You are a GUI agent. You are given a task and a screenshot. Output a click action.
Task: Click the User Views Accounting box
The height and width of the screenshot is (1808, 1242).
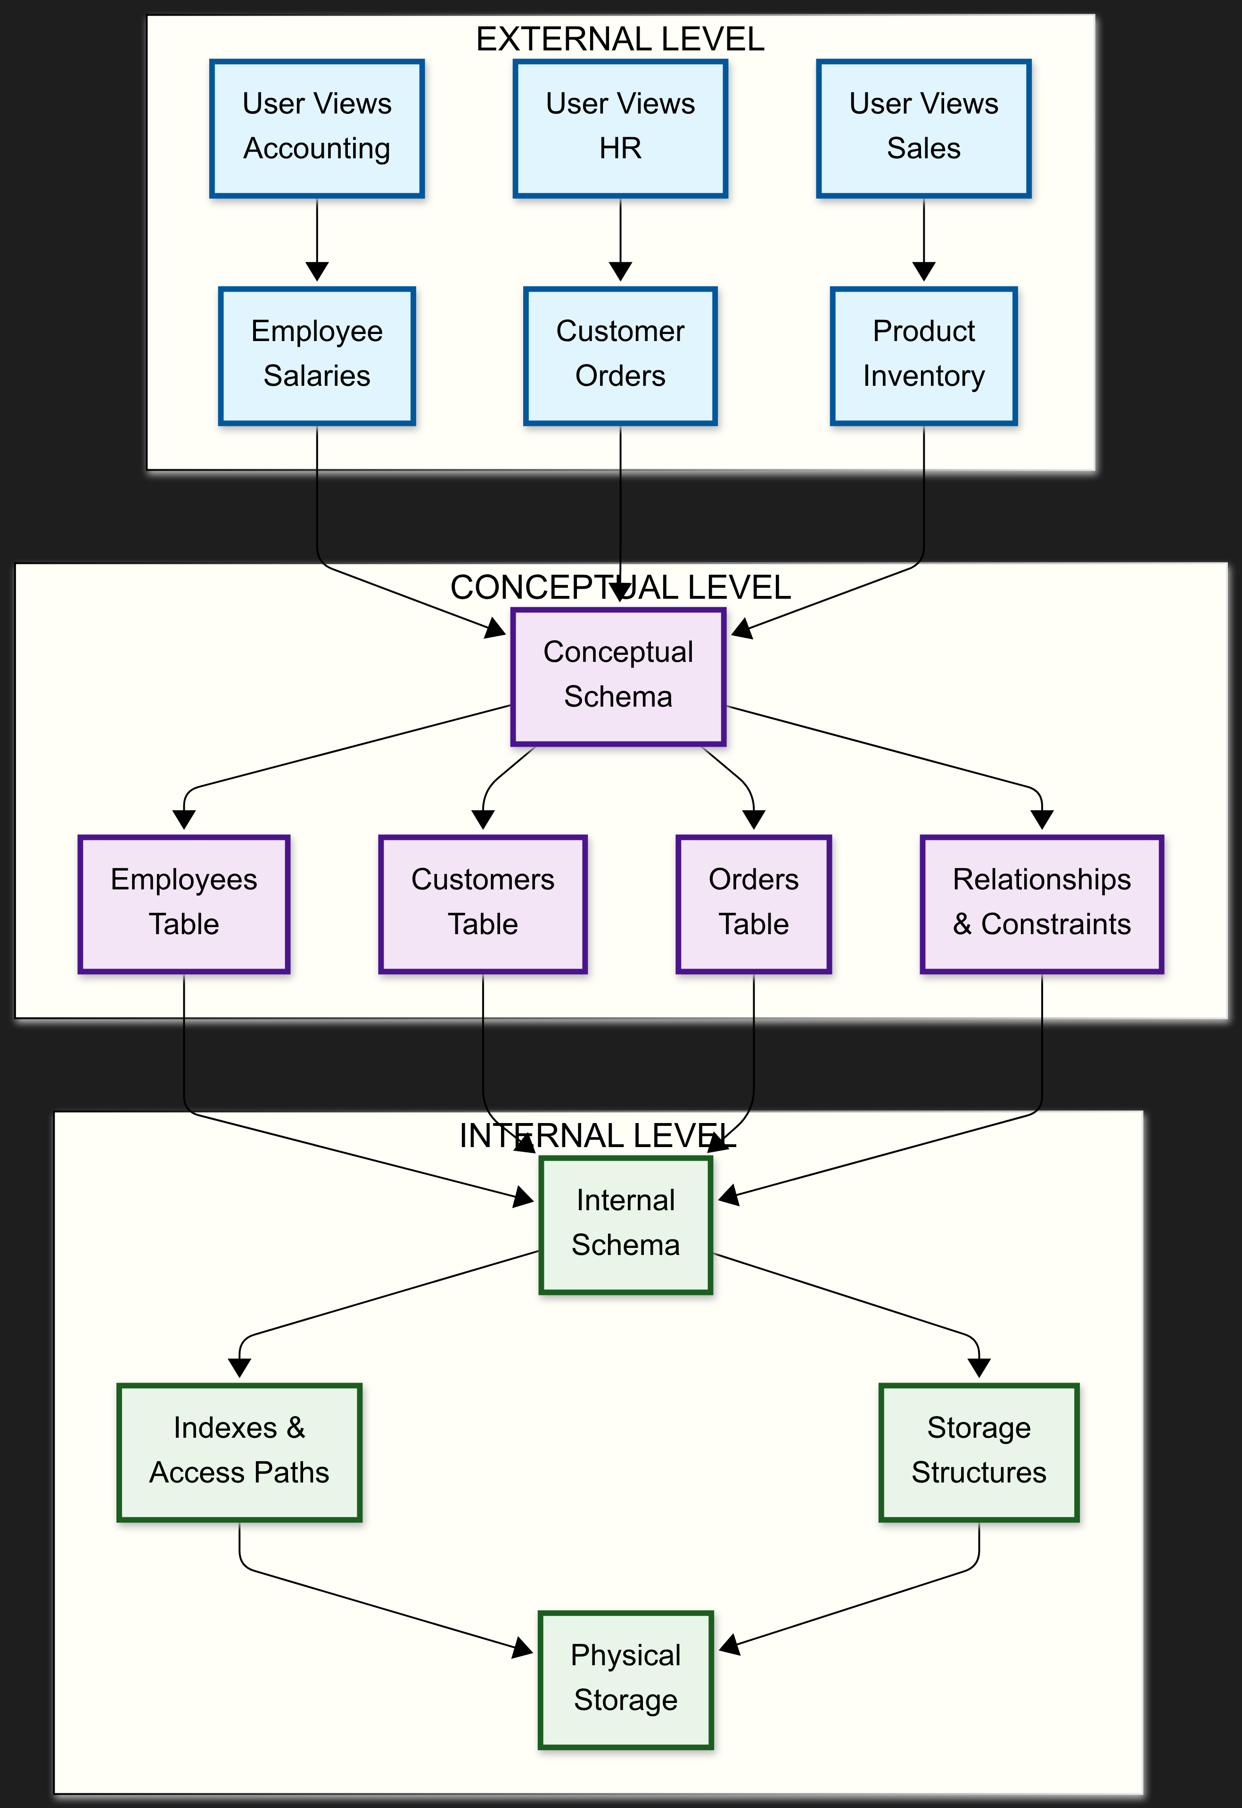point(317,128)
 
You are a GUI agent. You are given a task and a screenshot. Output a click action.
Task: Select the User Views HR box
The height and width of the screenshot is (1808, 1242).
point(620,128)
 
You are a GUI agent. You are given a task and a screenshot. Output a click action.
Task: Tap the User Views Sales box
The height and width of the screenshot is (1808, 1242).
point(924,128)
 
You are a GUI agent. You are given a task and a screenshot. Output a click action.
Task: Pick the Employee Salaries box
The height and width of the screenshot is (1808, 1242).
point(317,356)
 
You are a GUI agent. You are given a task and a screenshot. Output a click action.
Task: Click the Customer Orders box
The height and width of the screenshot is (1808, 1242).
point(620,356)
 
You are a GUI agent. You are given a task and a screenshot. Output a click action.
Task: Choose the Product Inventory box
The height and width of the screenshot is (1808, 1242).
point(924,356)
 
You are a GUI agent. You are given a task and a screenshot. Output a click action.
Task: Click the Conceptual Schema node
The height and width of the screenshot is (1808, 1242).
point(618,676)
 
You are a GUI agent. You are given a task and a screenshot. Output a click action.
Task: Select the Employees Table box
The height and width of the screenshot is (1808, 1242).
point(184,904)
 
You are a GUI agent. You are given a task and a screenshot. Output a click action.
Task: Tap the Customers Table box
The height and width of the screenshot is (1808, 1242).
point(483,904)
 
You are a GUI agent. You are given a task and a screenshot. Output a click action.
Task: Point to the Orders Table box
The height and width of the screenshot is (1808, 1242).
point(753,904)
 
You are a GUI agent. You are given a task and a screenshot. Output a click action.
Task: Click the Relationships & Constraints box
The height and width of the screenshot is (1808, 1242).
point(1041,904)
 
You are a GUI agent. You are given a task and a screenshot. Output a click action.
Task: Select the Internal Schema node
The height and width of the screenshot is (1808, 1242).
point(625,1224)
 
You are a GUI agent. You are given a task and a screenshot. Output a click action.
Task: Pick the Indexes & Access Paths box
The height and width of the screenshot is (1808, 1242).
point(239,1452)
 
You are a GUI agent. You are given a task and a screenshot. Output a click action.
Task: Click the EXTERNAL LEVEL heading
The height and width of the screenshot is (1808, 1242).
point(620,39)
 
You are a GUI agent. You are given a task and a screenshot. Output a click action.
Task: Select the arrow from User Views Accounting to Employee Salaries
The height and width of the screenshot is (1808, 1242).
point(317,237)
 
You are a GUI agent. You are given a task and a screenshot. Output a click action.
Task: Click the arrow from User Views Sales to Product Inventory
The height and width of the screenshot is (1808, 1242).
point(924,237)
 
